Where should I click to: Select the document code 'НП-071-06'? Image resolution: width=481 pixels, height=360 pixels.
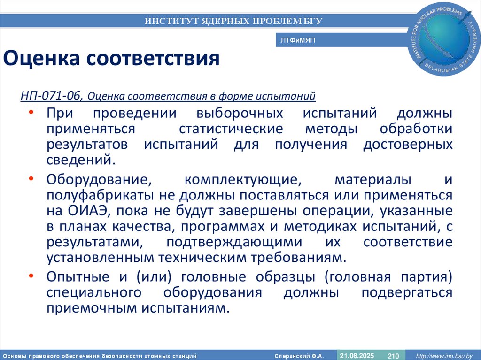pos(52,97)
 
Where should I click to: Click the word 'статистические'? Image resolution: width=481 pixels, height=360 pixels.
pos(231,129)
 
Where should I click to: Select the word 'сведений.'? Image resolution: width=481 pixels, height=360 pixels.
pos(80,160)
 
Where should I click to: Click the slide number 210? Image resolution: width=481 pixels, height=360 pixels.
pos(393,356)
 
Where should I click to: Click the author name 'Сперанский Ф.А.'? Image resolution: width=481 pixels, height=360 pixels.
pos(299,356)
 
